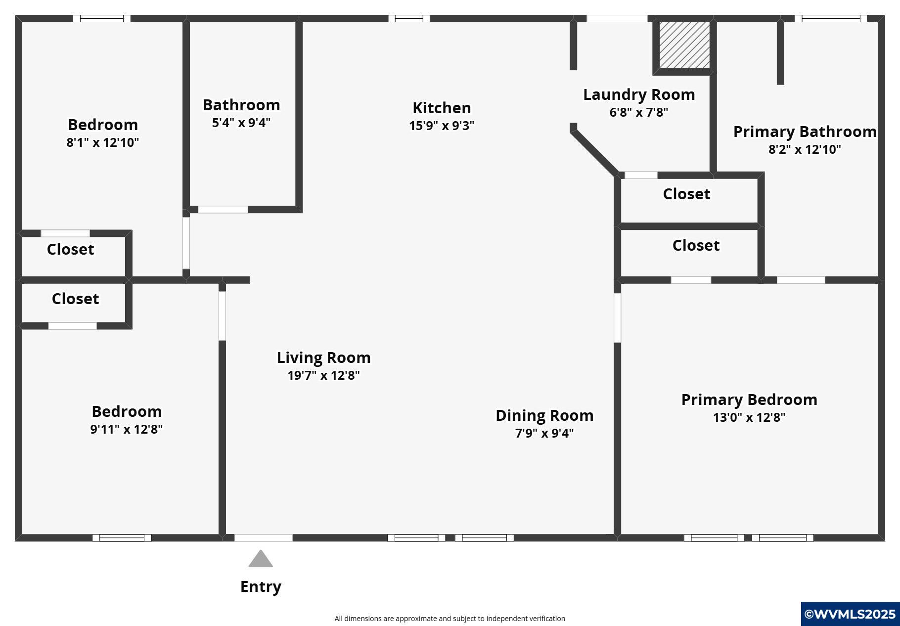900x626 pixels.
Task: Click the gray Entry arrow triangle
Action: pyautogui.click(x=261, y=559)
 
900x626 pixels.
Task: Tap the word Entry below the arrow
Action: pyautogui.click(x=261, y=586)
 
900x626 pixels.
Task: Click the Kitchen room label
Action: pyautogui.click(x=442, y=108)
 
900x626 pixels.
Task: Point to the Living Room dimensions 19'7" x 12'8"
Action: pyautogui.click(x=324, y=375)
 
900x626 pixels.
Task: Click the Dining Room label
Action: pyautogui.click(x=544, y=415)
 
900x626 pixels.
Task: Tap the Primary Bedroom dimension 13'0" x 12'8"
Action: pyautogui.click(x=749, y=417)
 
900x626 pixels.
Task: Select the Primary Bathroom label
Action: pyautogui.click(x=805, y=132)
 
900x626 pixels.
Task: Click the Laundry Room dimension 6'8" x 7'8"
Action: pyautogui.click(x=639, y=112)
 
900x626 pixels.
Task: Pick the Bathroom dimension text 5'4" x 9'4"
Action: pyautogui.click(x=241, y=123)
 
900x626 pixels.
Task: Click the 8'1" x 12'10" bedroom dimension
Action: pyautogui.click(x=103, y=142)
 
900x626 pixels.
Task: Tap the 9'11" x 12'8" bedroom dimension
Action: pyautogui.click(x=127, y=429)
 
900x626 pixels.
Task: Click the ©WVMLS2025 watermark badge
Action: pyautogui.click(x=850, y=614)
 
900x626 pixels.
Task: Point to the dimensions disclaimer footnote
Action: pyautogui.click(x=450, y=619)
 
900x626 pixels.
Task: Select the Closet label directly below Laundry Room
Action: pyautogui.click(x=686, y=194)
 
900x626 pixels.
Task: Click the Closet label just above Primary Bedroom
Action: pyautogui.click(x=696, y=245)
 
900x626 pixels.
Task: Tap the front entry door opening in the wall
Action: pyautogui.click(x=264, y=538)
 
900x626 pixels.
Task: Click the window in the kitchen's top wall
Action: pyautogui.click(x=409, y=19)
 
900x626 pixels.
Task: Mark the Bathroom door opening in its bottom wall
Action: pyautogui.click(x=223, y=210)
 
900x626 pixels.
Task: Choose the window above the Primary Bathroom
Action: pyautogui.click(x=831, y=19)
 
